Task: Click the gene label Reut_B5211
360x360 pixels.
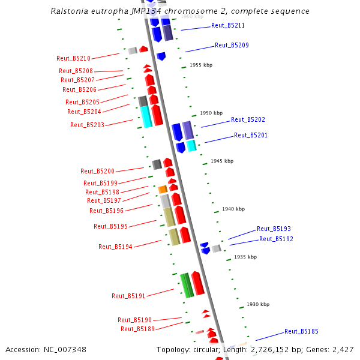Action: (228, 26)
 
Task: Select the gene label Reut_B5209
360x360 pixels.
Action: (232, 45)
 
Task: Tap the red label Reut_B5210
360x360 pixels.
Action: (73, 58)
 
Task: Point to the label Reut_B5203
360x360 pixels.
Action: (87, 125)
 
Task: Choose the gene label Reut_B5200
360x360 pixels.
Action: (97, 171)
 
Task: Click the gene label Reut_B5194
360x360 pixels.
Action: (115, 247)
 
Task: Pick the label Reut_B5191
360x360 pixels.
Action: (128, 296)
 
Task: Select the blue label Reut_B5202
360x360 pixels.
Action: (248, 119)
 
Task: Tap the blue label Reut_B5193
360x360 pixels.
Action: (274, 229)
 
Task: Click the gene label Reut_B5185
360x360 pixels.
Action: (301, 331)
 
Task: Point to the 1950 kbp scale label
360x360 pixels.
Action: (211, 113)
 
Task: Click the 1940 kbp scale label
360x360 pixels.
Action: (233, 209)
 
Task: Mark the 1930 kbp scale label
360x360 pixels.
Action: (257, 304)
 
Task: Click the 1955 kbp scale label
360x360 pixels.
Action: (201, 65)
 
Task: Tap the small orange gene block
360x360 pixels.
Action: (163, 190)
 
